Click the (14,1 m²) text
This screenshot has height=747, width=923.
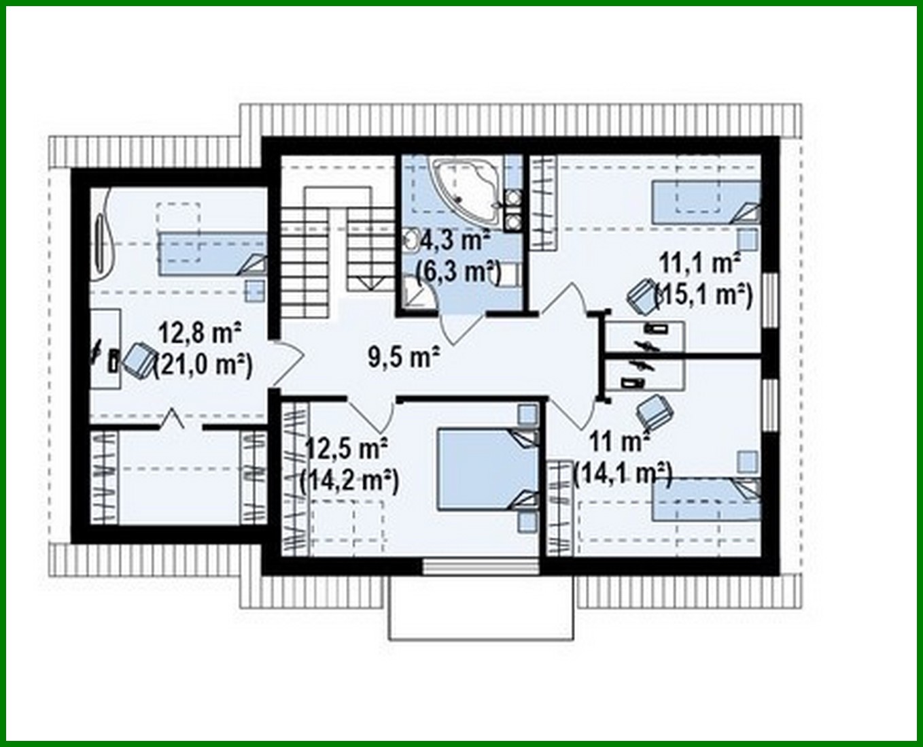tap(623, 473)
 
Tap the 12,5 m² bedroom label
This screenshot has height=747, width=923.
tap(346, 448)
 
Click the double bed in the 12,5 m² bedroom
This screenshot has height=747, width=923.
tap(487, 468)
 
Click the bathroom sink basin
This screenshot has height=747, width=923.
tap(412, 240)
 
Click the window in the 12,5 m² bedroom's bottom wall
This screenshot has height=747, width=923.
tap(481, 566)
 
